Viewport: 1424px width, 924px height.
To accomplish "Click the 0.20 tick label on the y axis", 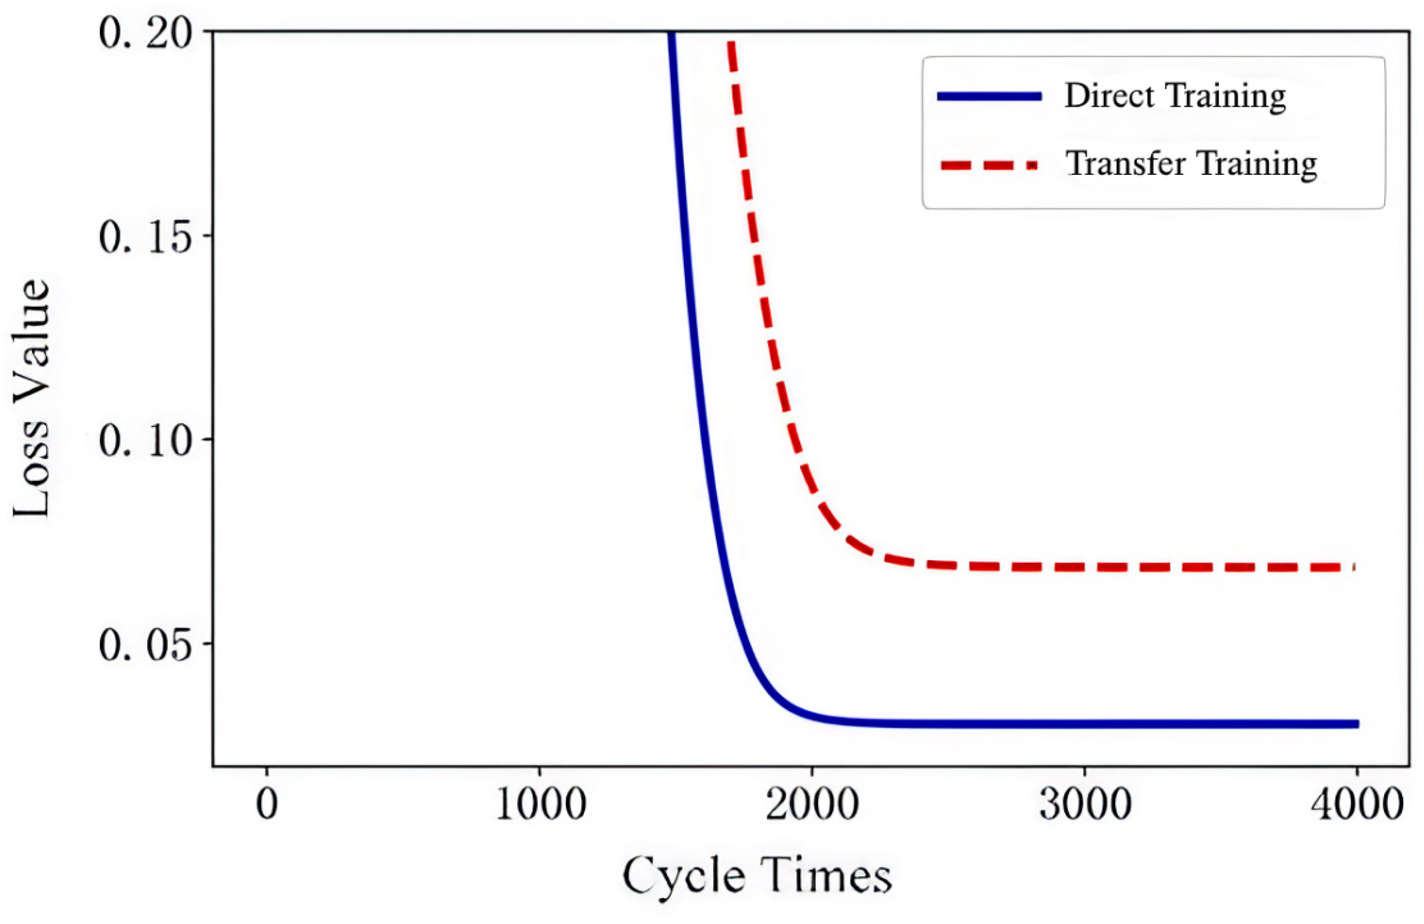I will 146,33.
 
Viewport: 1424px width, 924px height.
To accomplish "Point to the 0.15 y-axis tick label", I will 146,237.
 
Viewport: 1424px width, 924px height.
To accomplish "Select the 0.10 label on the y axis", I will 146,441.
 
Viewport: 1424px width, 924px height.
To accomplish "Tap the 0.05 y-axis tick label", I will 146,645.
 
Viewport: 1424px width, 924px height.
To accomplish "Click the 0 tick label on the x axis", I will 267,804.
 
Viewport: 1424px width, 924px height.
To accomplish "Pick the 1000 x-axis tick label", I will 540,804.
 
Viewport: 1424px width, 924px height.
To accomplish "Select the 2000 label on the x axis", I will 812,804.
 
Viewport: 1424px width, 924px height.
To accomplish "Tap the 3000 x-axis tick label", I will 1085,804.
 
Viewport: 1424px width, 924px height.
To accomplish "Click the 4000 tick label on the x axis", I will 1357,804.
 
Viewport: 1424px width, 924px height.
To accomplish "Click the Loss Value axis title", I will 31,399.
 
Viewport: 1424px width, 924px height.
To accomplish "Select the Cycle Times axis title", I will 757,876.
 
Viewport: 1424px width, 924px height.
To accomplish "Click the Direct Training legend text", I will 1175,96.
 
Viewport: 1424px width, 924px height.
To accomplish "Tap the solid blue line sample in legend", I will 989,96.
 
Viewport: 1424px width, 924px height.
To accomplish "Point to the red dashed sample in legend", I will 989,165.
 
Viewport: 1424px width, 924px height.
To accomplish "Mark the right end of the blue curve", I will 1358,724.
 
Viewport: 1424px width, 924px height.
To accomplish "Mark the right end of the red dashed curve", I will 1353,567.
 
